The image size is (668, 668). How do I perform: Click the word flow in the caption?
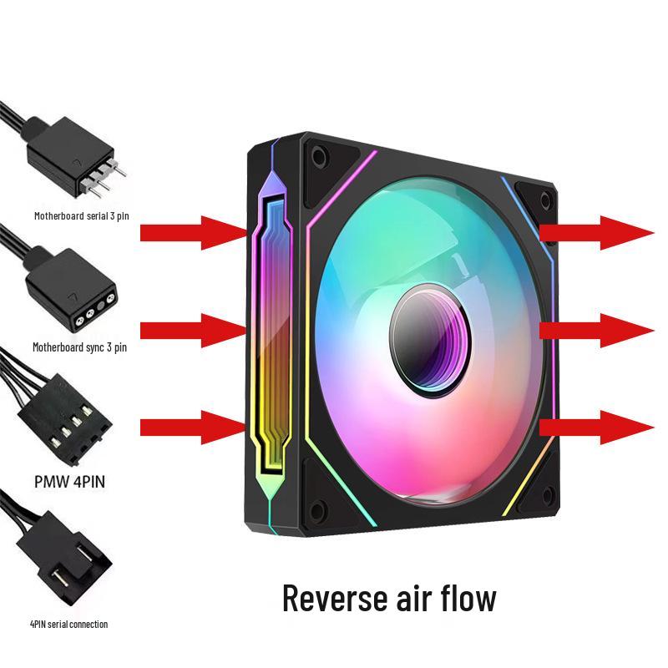pos(466,598)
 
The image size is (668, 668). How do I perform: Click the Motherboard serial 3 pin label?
pos(81,215)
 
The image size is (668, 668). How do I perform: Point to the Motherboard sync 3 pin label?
pos(80,347)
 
